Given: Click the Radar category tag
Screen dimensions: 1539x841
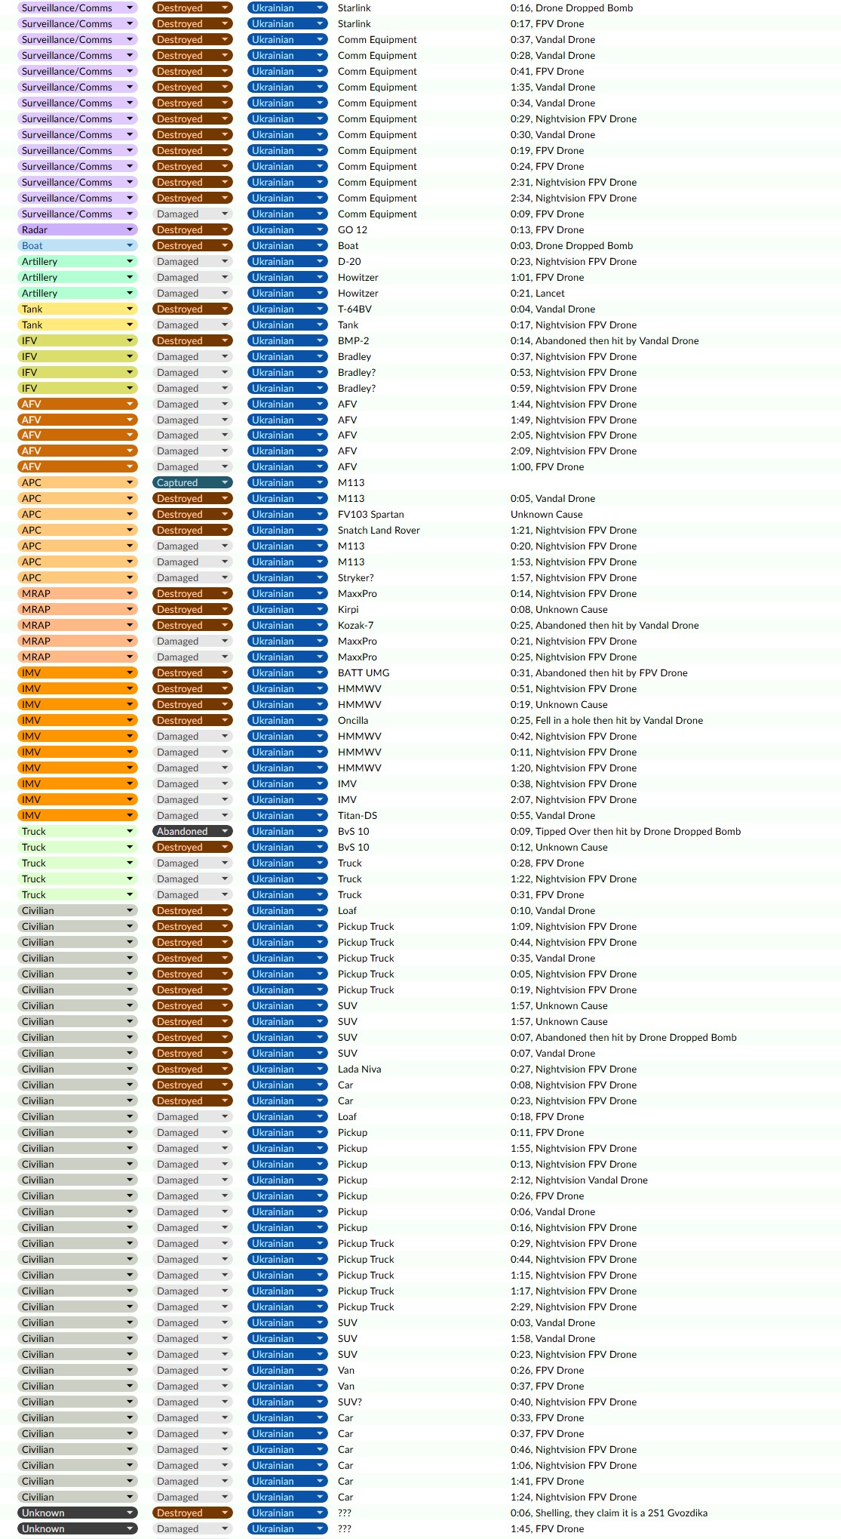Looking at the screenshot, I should (x=76, y=229).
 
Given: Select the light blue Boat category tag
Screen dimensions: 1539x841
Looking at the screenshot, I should (x=76, y=245).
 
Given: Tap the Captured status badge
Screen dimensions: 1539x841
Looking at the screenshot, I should (x=192, y=482).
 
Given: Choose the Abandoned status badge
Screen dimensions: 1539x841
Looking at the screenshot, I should (x=192, y=831).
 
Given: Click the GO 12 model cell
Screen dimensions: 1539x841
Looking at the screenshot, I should (x=352, y=229).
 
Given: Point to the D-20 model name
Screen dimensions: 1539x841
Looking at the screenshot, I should (x=349, y=261).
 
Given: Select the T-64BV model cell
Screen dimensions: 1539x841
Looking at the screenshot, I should (x=355, y=309).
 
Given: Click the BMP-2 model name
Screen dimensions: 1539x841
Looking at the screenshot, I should (x=353, y=340).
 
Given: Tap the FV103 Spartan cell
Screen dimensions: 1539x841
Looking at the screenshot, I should (x=370, y=514).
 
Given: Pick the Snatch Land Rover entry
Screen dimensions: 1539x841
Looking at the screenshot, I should (x=379, y=530).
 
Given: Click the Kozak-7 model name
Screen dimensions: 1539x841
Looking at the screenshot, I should (x=355, y=625).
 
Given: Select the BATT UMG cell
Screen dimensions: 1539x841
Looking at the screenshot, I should (x=364, y=673).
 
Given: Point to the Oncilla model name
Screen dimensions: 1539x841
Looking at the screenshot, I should (x=353, y=720).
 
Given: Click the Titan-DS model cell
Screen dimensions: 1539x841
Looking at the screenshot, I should (x=357, y=815).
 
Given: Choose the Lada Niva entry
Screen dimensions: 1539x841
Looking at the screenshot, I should (x=359, y=1069).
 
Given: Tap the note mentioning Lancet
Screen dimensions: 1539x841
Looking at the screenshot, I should (x=537, y=293).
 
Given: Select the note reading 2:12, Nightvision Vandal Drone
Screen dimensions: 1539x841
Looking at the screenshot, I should (x=579, y=1180).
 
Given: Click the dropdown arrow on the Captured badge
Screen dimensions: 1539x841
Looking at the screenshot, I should (x=225, y=482).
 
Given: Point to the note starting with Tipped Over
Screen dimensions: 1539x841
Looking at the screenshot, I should (x=625, y=831).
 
